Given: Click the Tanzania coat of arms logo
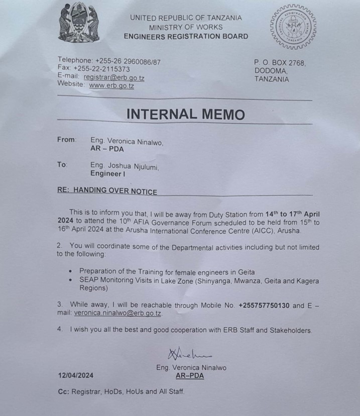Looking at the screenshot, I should coord(78,23).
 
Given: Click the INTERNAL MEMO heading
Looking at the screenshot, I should coord(185,114).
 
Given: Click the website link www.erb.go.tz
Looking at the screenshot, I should coord(111,85).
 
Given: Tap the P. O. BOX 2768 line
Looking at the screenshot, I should coord(280,63).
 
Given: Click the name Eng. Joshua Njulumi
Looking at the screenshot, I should coord(124,165).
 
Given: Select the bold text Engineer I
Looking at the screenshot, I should coord(108,173).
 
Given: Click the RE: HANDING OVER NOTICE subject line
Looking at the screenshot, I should coord(107,191).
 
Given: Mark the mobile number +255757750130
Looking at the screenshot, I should coord(264,305).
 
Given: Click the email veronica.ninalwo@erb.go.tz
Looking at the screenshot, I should coord(118,313).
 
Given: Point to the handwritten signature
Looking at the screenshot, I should coord(190,355).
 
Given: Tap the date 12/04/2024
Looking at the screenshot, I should coord(75,375).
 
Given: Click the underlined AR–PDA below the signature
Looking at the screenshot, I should coord(190,375).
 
